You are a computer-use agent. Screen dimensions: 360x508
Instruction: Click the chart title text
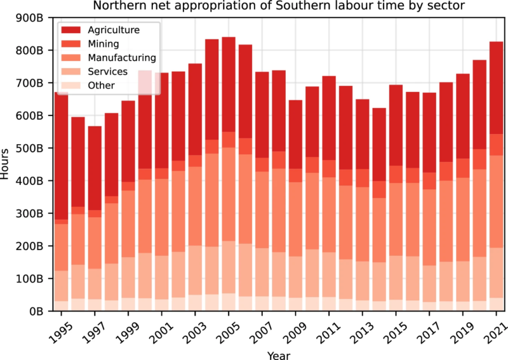point(277,7)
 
